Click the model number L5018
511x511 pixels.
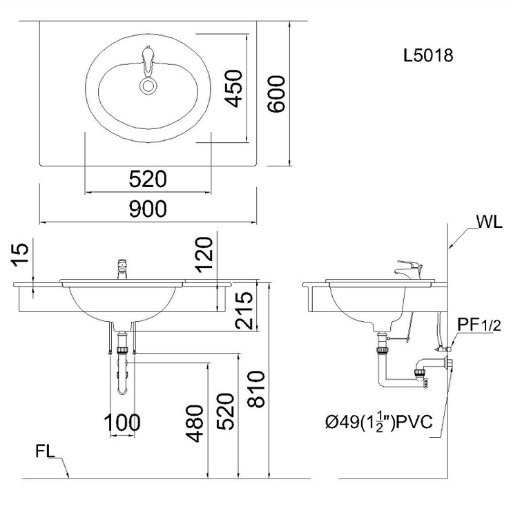428,55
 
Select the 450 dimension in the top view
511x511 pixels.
234,88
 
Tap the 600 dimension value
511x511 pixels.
276,94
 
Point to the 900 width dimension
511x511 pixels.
148,209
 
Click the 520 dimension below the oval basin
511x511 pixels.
148,179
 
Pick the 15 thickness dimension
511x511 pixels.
21,255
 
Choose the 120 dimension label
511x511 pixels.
204,255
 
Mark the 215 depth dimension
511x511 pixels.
244,310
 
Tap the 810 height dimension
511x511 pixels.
256,389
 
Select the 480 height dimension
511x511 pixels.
194,423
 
